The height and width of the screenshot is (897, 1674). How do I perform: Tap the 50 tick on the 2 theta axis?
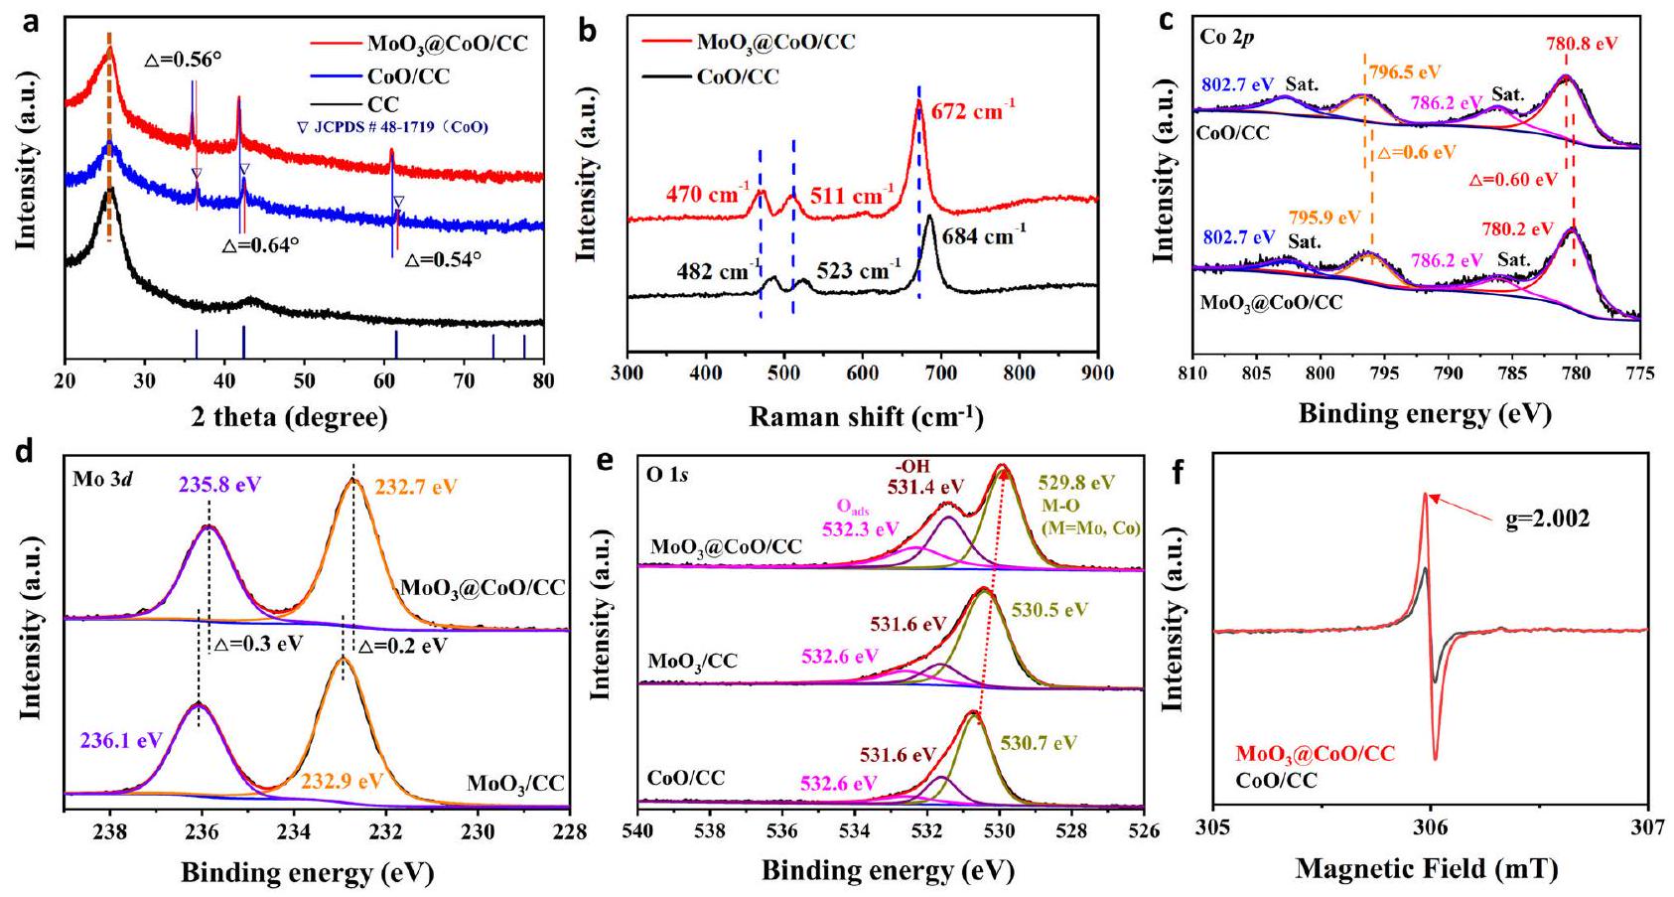[x=304, y=380]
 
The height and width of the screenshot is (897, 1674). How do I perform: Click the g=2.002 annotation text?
[x=1547, y=518]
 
